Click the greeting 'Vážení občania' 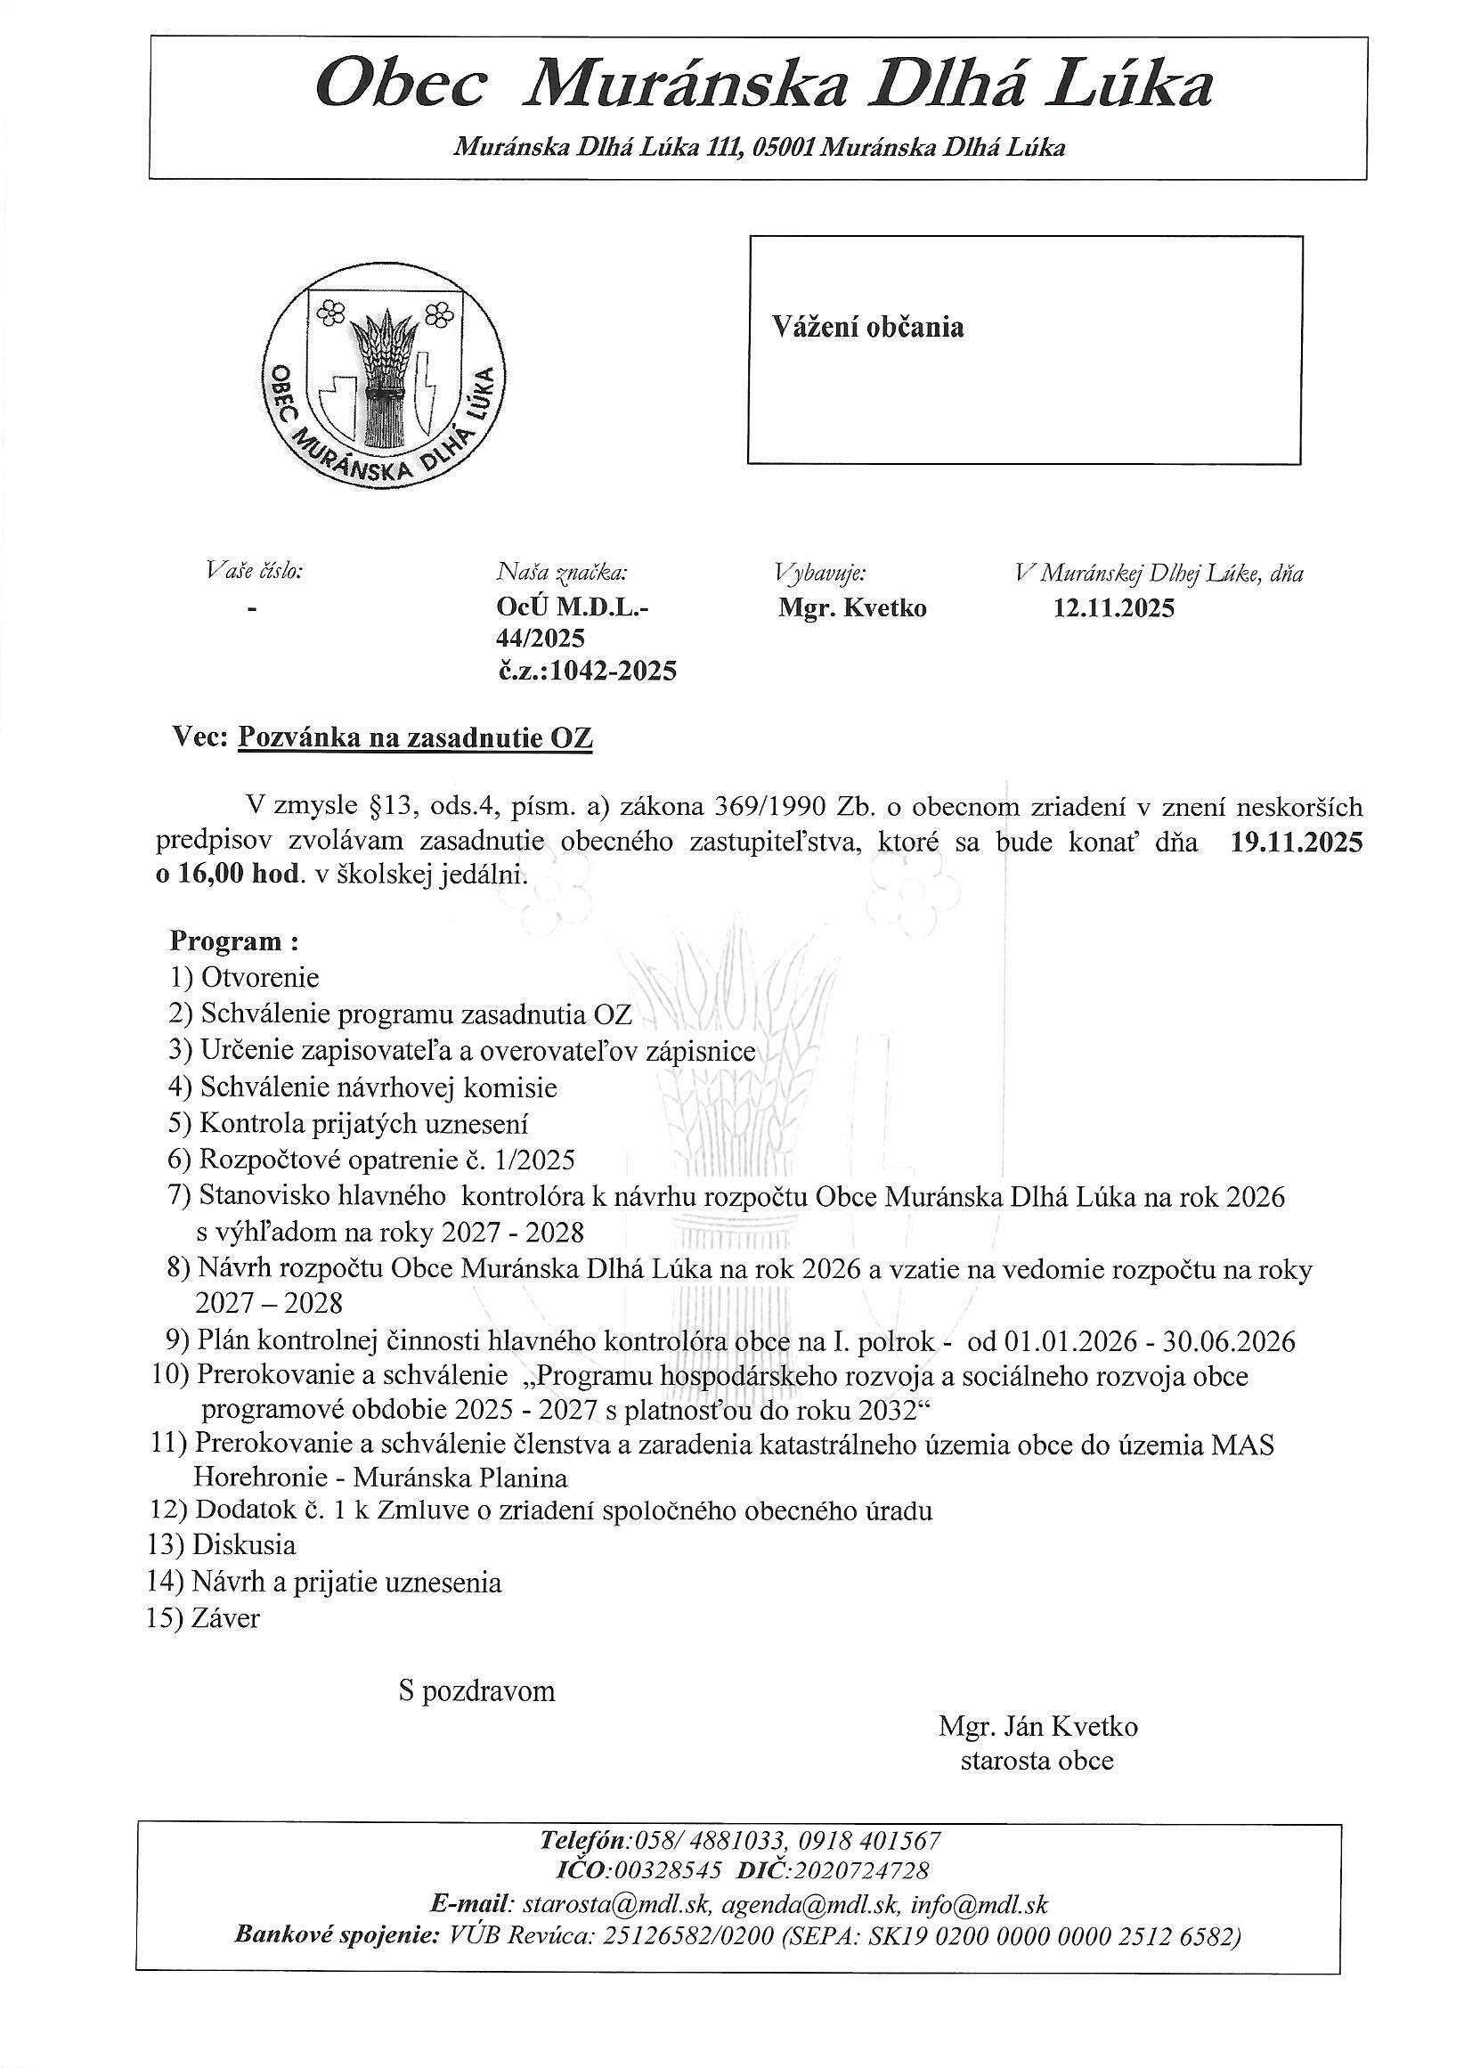867,327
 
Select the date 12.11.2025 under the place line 1113,608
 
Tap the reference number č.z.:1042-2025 586,671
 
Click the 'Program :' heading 234,941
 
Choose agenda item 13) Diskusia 222,1544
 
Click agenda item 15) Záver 204,1618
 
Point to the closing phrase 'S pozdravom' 476,1692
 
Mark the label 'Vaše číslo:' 254,571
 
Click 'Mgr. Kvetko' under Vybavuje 852,608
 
